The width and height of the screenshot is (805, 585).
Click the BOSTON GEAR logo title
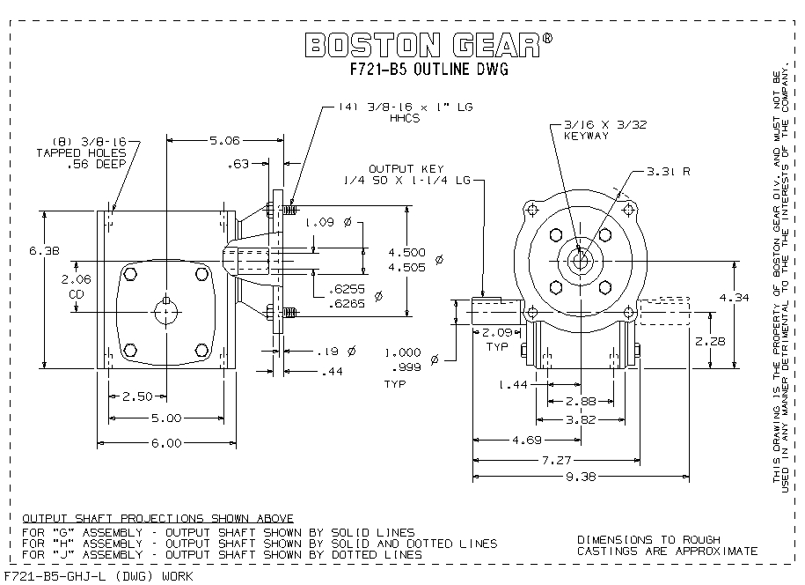point(428,45)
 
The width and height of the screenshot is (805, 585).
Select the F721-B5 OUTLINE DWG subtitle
point(430,70)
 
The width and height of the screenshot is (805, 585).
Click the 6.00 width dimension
point(165,443)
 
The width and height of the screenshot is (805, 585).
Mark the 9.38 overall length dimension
point(581,477)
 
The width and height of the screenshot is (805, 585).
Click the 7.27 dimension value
point(581,459)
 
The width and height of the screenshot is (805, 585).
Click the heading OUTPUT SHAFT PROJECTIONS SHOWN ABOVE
point(157,518)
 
